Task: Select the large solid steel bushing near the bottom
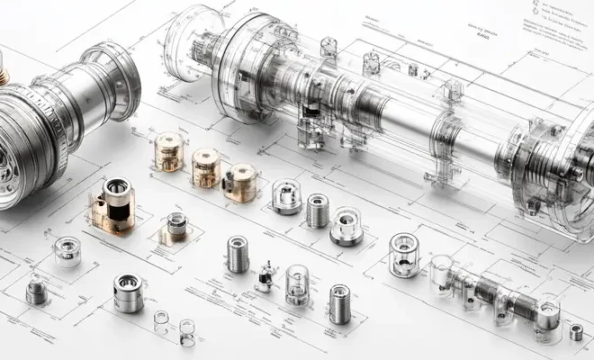pyautogui.click(x=129, y=292)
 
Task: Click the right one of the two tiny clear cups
pyautogui.click(x=186, y=331)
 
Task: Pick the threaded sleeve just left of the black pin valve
pyautogui.click(x=238, y=254)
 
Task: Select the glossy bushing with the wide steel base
pyautogui.click(x=346, y=226)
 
